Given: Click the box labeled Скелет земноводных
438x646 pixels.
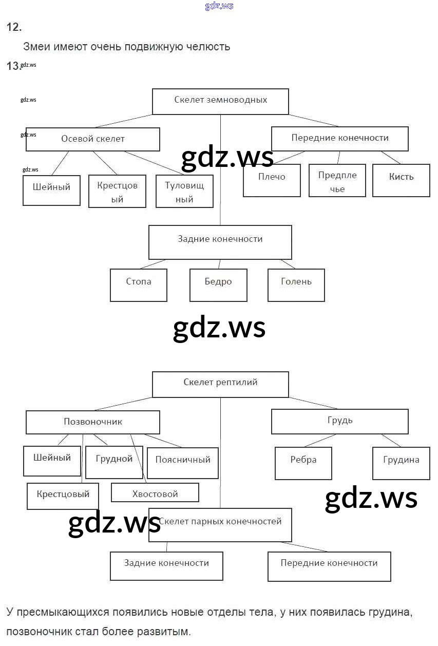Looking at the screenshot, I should [x=220, y=101].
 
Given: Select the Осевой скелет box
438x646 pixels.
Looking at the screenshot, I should [x=92, y=139].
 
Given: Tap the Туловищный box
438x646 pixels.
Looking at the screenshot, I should [x=184, y=192].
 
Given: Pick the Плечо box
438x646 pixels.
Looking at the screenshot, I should [x=272, y=180].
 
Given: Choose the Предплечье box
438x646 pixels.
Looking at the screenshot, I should [x=337, y=181].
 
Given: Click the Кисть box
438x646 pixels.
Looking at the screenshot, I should [x=401, y=180].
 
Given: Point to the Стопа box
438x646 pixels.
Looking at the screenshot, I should [x=138, y=285].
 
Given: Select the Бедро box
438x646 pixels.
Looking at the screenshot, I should [x=218, y=285].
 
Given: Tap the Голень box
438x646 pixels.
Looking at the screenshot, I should [x=296, y=285].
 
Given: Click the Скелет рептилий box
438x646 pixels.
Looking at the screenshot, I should [x=220, y=384].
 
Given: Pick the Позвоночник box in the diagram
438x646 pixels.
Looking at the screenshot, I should [x=92, y=422].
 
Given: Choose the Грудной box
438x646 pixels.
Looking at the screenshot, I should [x=114, y=462].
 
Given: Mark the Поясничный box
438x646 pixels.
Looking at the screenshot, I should [x=183, y=462].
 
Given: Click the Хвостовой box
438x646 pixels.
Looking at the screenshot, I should [x=155, y=493].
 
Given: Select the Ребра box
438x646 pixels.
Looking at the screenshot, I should [x=303, y=463].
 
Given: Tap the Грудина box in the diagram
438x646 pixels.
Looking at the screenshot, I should [x=401, y=463].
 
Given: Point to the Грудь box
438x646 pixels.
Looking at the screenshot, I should [x=339, y=422].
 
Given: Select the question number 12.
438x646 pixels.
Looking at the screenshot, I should [x=13, y=28].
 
